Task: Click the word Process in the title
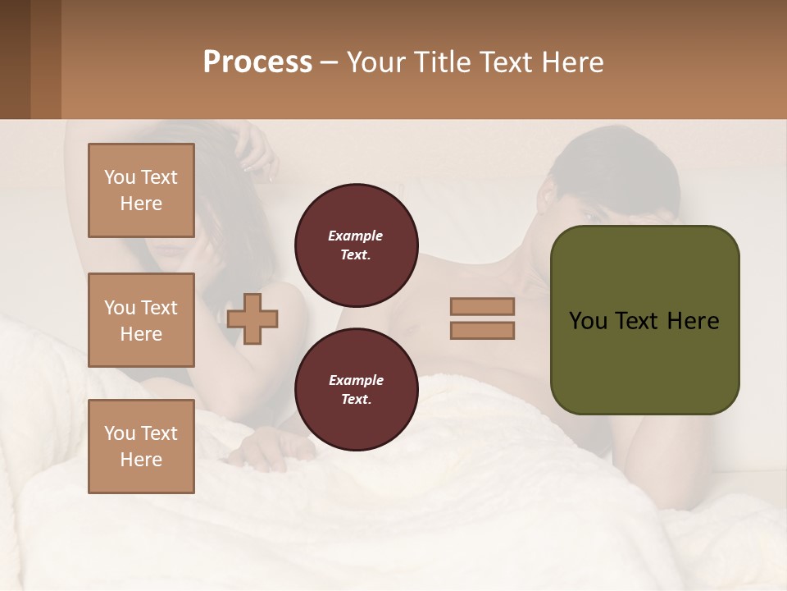(257, 62)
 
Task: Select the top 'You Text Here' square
(141, 190)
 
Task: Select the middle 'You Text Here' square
(141, 320)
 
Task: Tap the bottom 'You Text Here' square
(141, 447)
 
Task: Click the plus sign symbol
(252, 318)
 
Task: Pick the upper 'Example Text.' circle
(356, 245)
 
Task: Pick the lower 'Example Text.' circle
(356, 390)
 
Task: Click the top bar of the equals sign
(482, 306)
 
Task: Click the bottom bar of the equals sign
(482, 330)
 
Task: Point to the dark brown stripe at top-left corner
(15, 59)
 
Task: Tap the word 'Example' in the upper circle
(356, 236)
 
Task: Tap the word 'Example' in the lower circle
(356, 380)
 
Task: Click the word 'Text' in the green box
(644, 321)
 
